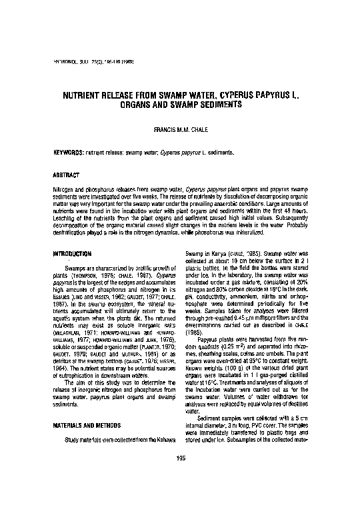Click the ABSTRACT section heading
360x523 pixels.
click(x=66, y=175)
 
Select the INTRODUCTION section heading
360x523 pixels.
click(x=71, y=255)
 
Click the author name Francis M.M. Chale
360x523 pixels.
click(x=179, y=128)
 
